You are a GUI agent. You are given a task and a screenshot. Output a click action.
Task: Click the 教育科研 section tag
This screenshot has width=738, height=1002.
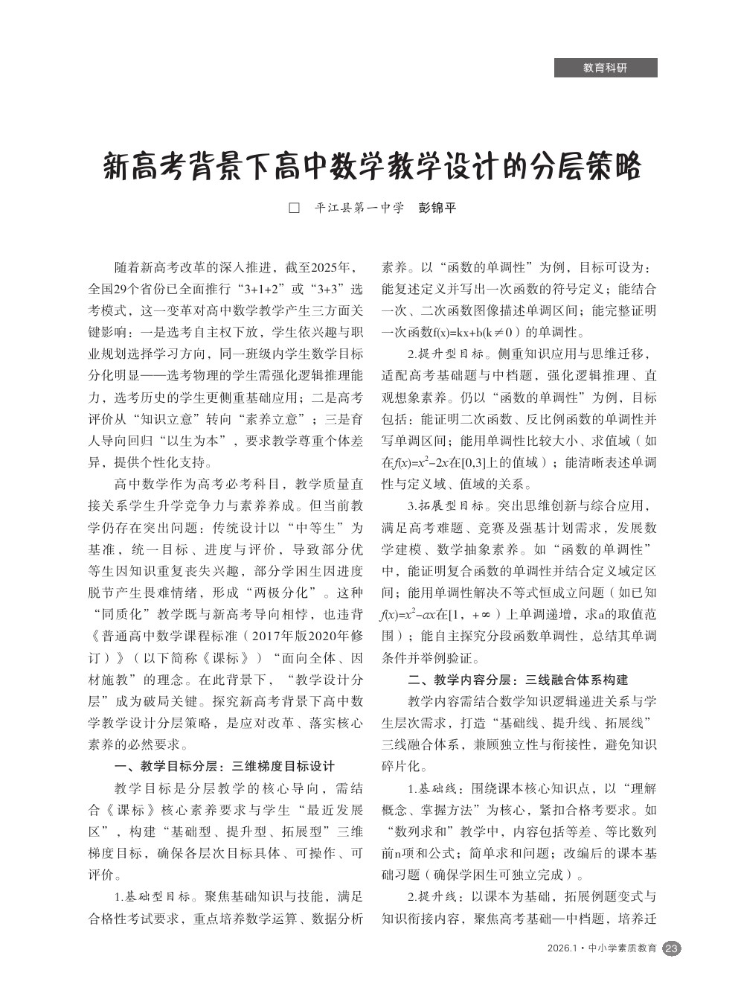point(605,68)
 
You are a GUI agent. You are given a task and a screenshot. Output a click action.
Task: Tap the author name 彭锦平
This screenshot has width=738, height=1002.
point(437,208)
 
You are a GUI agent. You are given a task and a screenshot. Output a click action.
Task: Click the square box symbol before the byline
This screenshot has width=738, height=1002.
point(294,208)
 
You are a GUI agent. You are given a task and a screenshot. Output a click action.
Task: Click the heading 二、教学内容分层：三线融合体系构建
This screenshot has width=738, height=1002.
point(518,680)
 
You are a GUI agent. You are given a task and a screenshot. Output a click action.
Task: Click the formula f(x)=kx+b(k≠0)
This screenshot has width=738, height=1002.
point(461,332)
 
